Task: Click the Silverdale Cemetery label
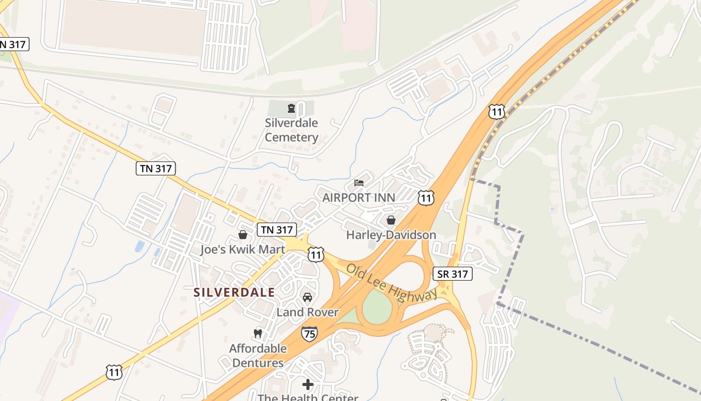pos(291,130)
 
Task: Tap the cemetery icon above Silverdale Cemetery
pos(291,108)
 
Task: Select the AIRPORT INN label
pos(359,197)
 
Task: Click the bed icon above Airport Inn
pos(359,182)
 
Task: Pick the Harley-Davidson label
pos(391,235)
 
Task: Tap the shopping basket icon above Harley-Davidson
pos(391,220)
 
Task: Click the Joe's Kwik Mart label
pos(243,249)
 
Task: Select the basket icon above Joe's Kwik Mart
pos(243,235)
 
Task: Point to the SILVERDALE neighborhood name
pos(234,292)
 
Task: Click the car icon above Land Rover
pos(307,297)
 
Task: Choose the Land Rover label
pos(307,312)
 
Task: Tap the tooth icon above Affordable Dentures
pos(258,333)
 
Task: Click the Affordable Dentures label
pos(258,355)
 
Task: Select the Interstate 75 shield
pos(309,333)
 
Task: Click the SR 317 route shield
pos(452,274)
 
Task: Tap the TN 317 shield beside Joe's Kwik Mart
pos(277,230)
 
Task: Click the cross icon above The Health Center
pos(308,384)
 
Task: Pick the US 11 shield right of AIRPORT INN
pos(426,197)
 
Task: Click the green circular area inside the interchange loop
pos(376,307)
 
